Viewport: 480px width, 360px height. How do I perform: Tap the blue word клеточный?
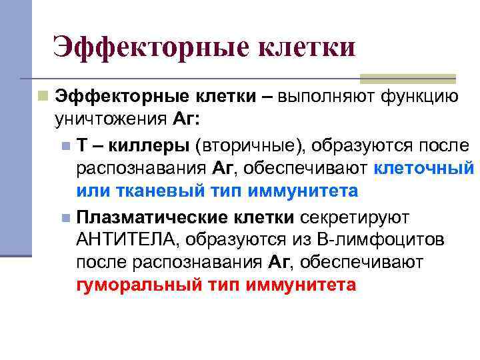point(424,167)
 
